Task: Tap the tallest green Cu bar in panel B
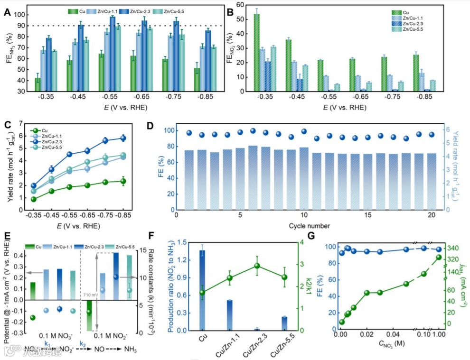[x=256, y=52]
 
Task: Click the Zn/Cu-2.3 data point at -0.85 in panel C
[x=123, y=138]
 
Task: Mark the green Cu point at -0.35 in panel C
[x=34, y=199]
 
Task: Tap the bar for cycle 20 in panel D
[x=432, y=181]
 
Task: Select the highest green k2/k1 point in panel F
[x=258, y=266]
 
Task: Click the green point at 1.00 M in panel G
[x=439, y=257]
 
